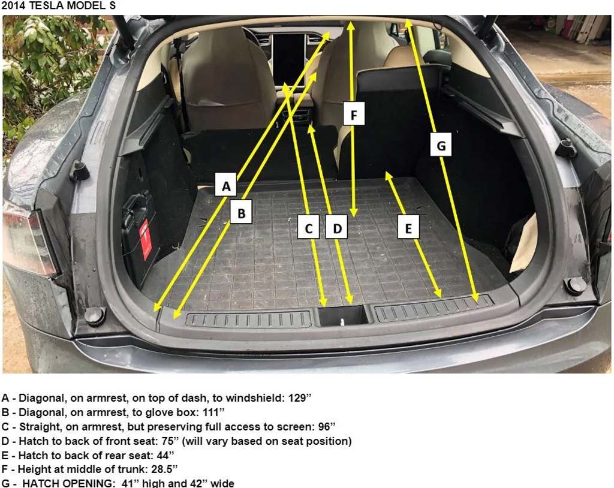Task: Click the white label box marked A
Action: point(226,185)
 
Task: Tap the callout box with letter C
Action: point(309,227)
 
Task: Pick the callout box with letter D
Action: point(337,227)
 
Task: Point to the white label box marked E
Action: point(408,227)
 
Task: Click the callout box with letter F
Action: point(354,114)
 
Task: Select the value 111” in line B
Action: point(214,412)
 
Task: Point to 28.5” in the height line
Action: point(164,469)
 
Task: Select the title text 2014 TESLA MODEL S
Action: point(59,6)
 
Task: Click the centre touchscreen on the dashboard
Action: point(288,58)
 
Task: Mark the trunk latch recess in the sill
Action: point(342,316)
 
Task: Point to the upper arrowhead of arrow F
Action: point(351,25)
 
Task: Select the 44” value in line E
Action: point(165,455)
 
